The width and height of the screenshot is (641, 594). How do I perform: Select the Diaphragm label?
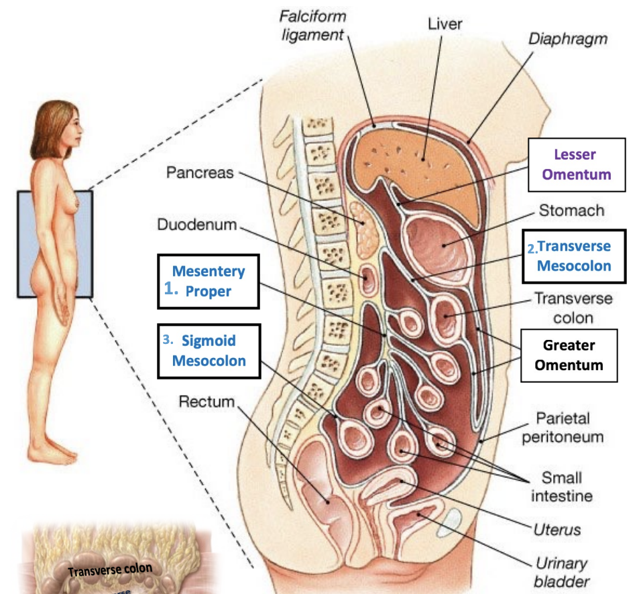point(567,38)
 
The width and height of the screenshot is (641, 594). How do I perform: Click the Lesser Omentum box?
point(576,165)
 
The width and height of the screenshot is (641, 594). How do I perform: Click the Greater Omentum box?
point(569,355)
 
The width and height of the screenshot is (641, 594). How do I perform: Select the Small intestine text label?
point(562,487)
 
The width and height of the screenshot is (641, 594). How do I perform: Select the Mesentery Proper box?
point(208,281)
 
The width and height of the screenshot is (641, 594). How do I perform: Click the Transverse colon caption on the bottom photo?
point(110,570)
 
